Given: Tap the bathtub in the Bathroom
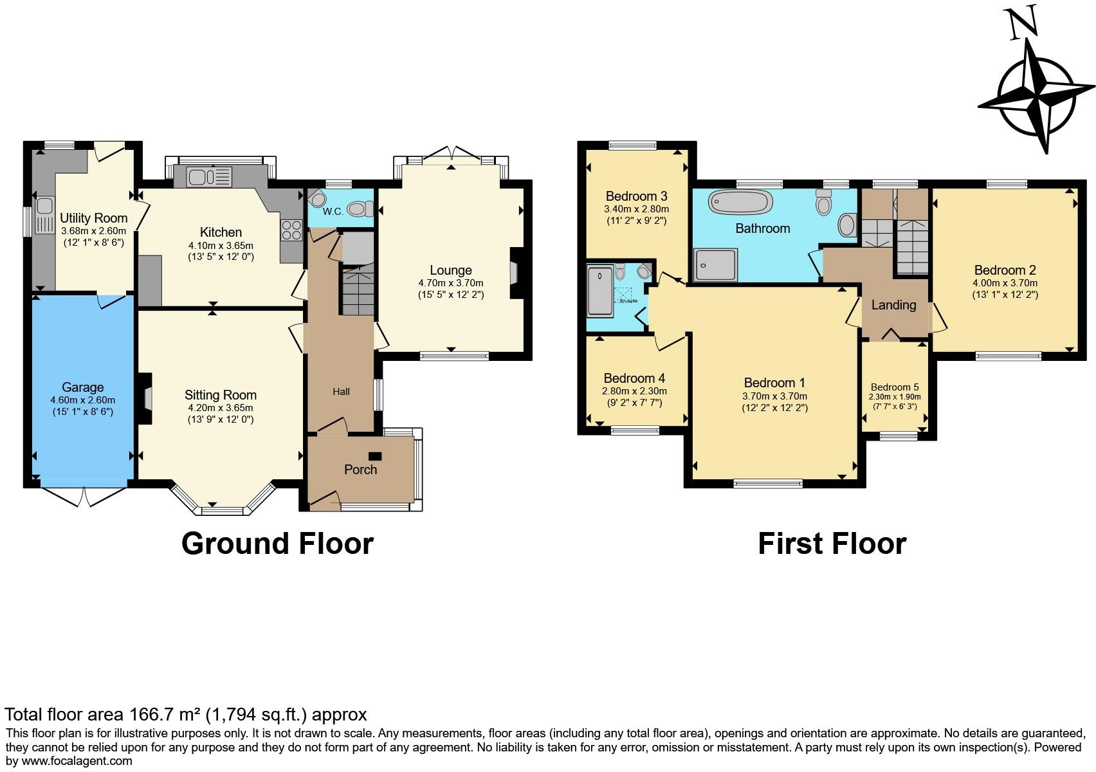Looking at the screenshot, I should (740, 202).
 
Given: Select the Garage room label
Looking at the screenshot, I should (82, 387).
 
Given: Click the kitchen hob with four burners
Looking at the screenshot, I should (291, 230).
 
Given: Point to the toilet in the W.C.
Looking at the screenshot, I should (360, 208).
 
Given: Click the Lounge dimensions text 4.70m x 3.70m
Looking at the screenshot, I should (450, 283).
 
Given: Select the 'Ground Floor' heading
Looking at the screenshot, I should (277, 544).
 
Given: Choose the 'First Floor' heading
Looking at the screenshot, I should (832, 544).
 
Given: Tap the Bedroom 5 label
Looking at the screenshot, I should (895, 387).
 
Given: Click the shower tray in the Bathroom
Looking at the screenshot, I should (716, 264).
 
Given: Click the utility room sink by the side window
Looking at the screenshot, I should (44, 215).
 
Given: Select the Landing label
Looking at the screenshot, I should (893, 305).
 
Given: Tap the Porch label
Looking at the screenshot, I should (360, 470).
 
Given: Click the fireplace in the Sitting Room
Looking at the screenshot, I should (145, 399).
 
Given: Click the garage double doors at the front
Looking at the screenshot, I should (84, 497).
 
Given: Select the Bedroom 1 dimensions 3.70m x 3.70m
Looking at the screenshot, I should (774, 396).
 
